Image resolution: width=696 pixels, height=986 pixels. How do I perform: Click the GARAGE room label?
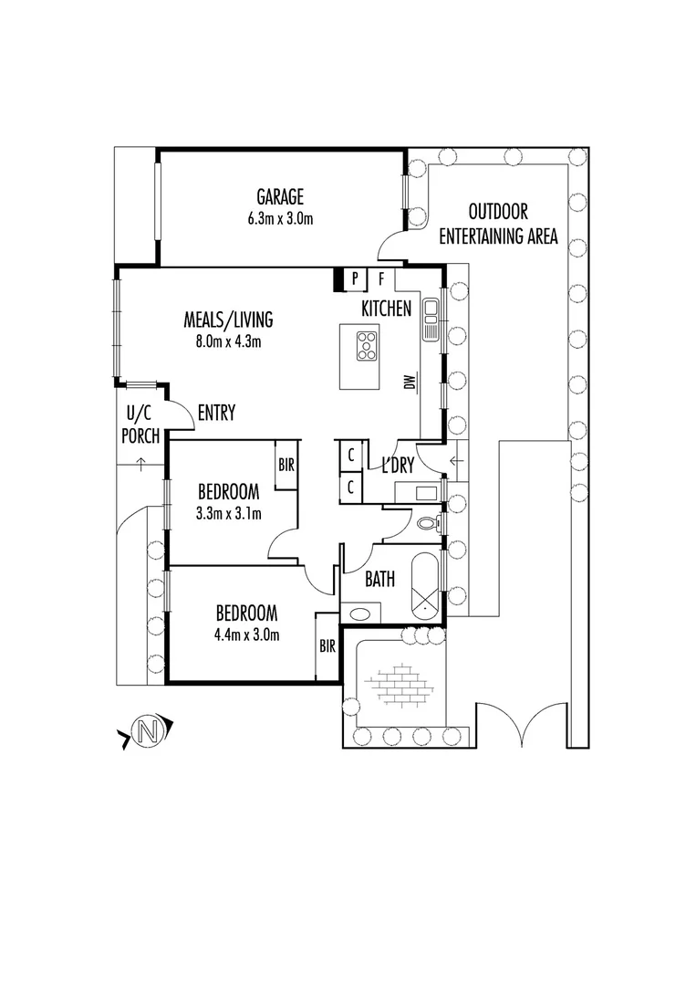pos(279,197)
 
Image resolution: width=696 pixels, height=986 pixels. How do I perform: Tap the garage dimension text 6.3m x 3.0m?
pos(279,218)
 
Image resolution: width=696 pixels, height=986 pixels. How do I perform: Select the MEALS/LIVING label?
pos(228,320)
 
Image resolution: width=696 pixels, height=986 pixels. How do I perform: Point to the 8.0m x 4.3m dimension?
pos(228,342)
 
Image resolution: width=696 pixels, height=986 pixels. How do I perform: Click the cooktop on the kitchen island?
pos(368,345)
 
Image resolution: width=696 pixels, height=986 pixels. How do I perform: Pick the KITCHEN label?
pos(386,309)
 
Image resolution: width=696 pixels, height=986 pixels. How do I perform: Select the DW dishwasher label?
pos(410,382)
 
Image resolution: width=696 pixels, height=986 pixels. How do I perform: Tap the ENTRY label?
pos(215,414)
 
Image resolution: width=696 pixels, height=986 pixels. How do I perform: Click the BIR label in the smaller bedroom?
pos(286,465)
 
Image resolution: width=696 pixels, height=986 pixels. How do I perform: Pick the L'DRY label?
pos(398,466)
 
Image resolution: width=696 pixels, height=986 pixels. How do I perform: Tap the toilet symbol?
pos(429,524)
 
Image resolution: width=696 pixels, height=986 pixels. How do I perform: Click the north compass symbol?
pos(146,730)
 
